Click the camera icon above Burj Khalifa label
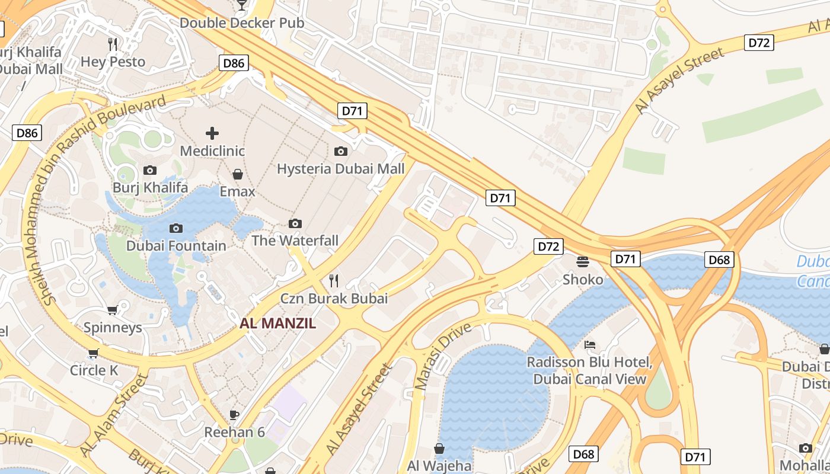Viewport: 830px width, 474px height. (x=150, y=171)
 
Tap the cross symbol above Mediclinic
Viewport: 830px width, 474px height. (x=212, y=133)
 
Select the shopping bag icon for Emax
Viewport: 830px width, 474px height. (x=238, y=174)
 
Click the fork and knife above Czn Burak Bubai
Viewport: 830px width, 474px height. (x=334, y=280)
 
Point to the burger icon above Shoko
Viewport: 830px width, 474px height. (x=583, y=261)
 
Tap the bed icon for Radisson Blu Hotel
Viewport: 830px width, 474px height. (x=589, y=344)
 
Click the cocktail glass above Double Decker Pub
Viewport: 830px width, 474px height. (x=241, y=5)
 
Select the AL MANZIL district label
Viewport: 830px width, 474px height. (x=277, y=324)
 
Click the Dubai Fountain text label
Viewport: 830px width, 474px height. (x=176, y=246)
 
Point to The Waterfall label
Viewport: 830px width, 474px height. (x=295, y=241)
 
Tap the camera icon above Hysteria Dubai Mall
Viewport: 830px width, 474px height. (x=340, y=151)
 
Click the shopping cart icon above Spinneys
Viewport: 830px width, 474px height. (x=112, y=310)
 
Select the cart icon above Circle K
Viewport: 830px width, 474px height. (x=93, y=354)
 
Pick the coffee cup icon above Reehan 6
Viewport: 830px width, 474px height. (x=234, y=414)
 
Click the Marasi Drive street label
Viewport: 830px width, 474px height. (x=443, y=356)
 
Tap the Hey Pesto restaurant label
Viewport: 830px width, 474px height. (x=113, y=62)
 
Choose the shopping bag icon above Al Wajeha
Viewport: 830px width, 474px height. (x=439, y=449)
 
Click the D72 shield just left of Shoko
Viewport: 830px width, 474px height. (x=548, y=246)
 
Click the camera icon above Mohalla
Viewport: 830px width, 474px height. (x=805, y=448)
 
